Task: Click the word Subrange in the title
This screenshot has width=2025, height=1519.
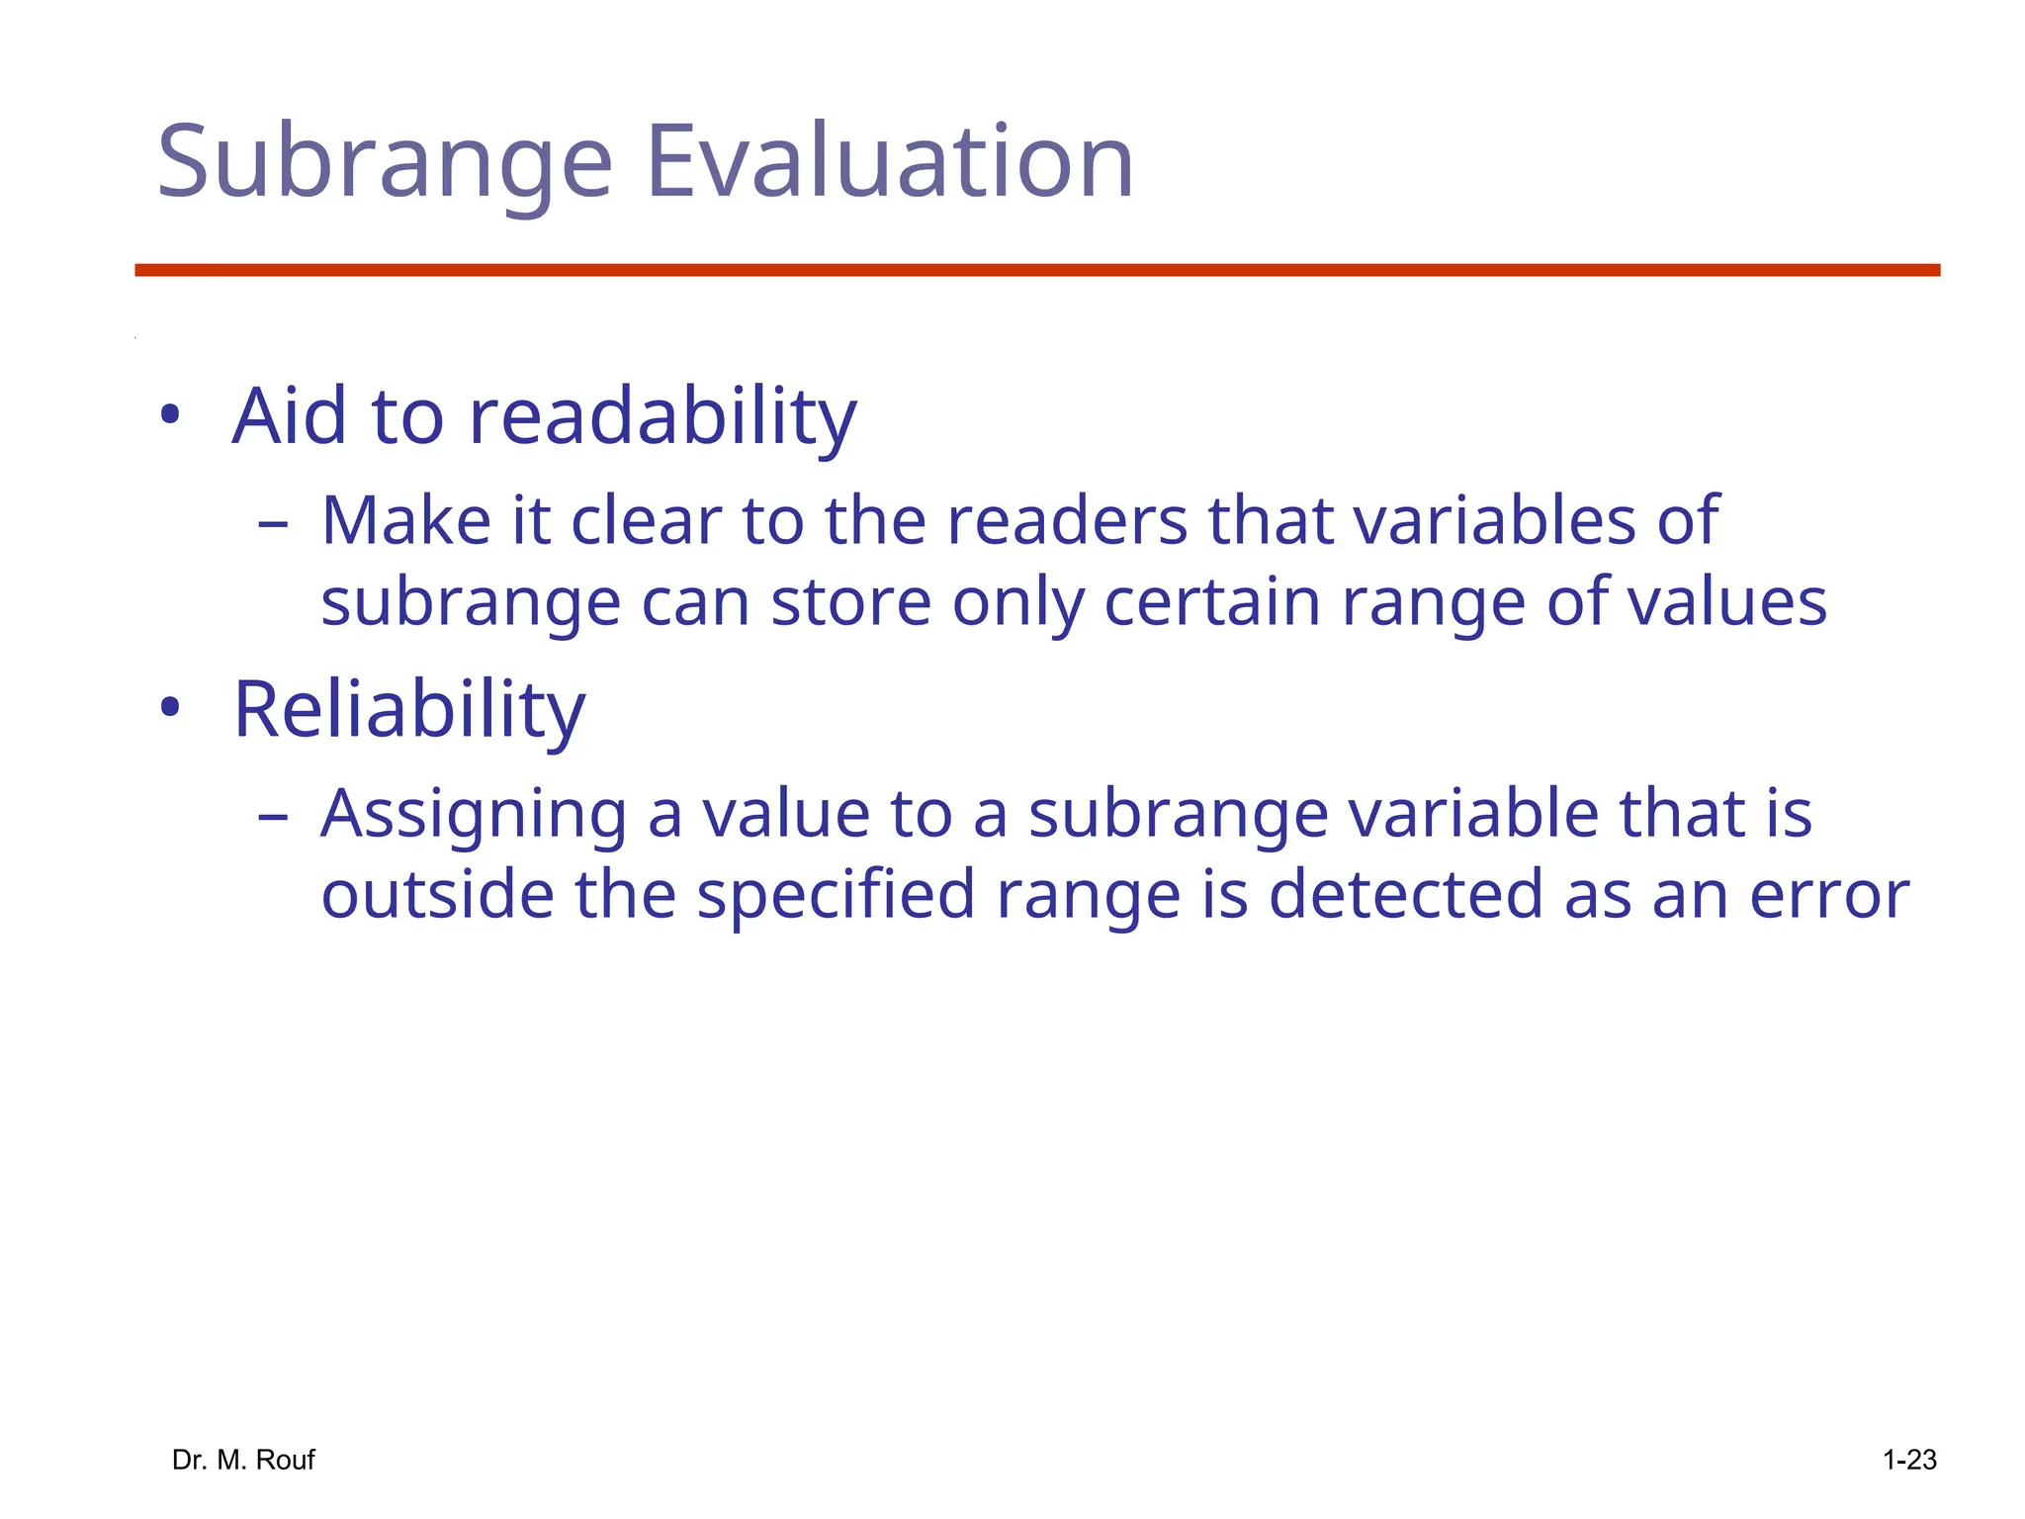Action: [x=386, y=163]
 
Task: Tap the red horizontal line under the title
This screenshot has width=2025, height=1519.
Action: [x=1037, y=270]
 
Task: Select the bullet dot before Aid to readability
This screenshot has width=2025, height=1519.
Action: [x=170, y=415]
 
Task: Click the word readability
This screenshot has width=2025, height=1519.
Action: [x=662, y=417]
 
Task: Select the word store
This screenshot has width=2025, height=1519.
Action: [x=850, y=602]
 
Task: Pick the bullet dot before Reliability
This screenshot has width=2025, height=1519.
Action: [x=170, y=707]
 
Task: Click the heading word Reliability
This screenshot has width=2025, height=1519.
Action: [x=409, y=710]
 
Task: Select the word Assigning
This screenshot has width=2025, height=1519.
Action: [x=474, y=815]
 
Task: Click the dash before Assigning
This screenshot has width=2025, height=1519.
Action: [x=272, y=817]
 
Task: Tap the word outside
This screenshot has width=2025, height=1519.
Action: [x=437, y=894]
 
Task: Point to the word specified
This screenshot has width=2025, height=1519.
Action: [x=836, y=896]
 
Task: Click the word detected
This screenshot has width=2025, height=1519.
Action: [x=1404, y=894]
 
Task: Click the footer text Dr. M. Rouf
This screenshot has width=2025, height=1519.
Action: [x=243, y=1460]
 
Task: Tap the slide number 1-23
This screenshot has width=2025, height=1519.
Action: [x=1908, y=1460]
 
